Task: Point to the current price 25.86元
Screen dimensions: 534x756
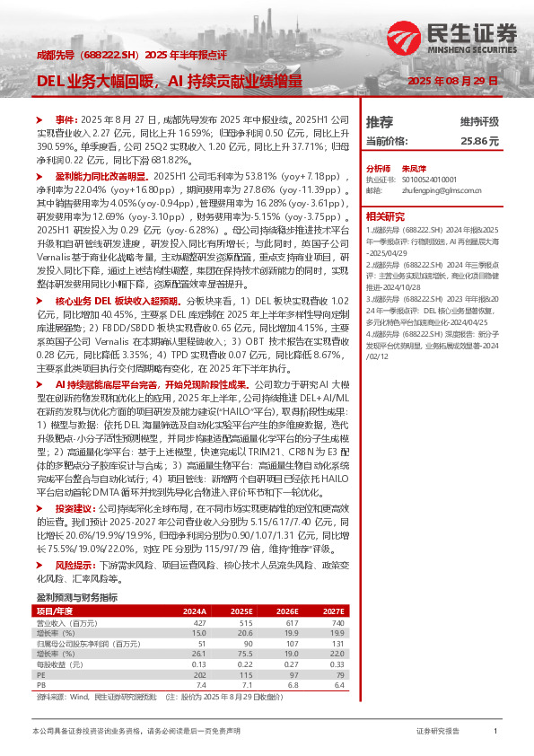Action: coord(479,141)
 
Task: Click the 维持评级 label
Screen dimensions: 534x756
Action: coord(479,121)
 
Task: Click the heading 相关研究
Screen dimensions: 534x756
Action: coord(384,215)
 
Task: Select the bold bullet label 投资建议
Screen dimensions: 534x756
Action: coord(74,507)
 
